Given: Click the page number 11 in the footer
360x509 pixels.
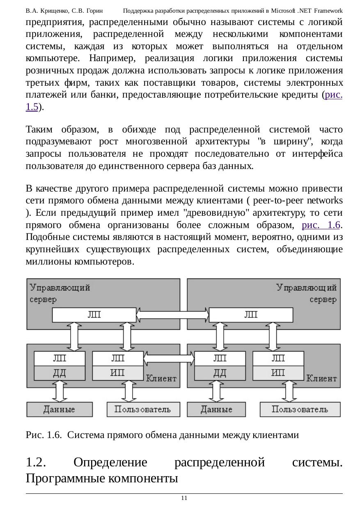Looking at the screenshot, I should (184, 498).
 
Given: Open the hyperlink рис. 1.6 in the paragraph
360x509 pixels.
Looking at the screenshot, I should (321, 225).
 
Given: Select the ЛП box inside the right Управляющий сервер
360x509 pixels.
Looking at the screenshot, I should (251, 315).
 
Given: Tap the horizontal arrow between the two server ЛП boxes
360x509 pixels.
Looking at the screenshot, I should (172, 315).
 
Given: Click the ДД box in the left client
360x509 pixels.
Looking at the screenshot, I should (60, 373).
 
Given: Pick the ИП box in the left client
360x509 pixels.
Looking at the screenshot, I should (118, 373).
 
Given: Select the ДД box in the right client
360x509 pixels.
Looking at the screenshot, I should (220, 373).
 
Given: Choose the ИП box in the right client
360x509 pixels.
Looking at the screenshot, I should (278, 373).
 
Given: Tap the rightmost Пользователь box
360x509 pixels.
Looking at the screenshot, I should (300, 409).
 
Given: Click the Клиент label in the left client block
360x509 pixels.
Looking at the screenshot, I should (161, 378).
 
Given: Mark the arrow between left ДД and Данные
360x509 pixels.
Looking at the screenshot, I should (60, 391).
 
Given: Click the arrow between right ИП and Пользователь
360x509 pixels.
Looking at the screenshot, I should (287, 391).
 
